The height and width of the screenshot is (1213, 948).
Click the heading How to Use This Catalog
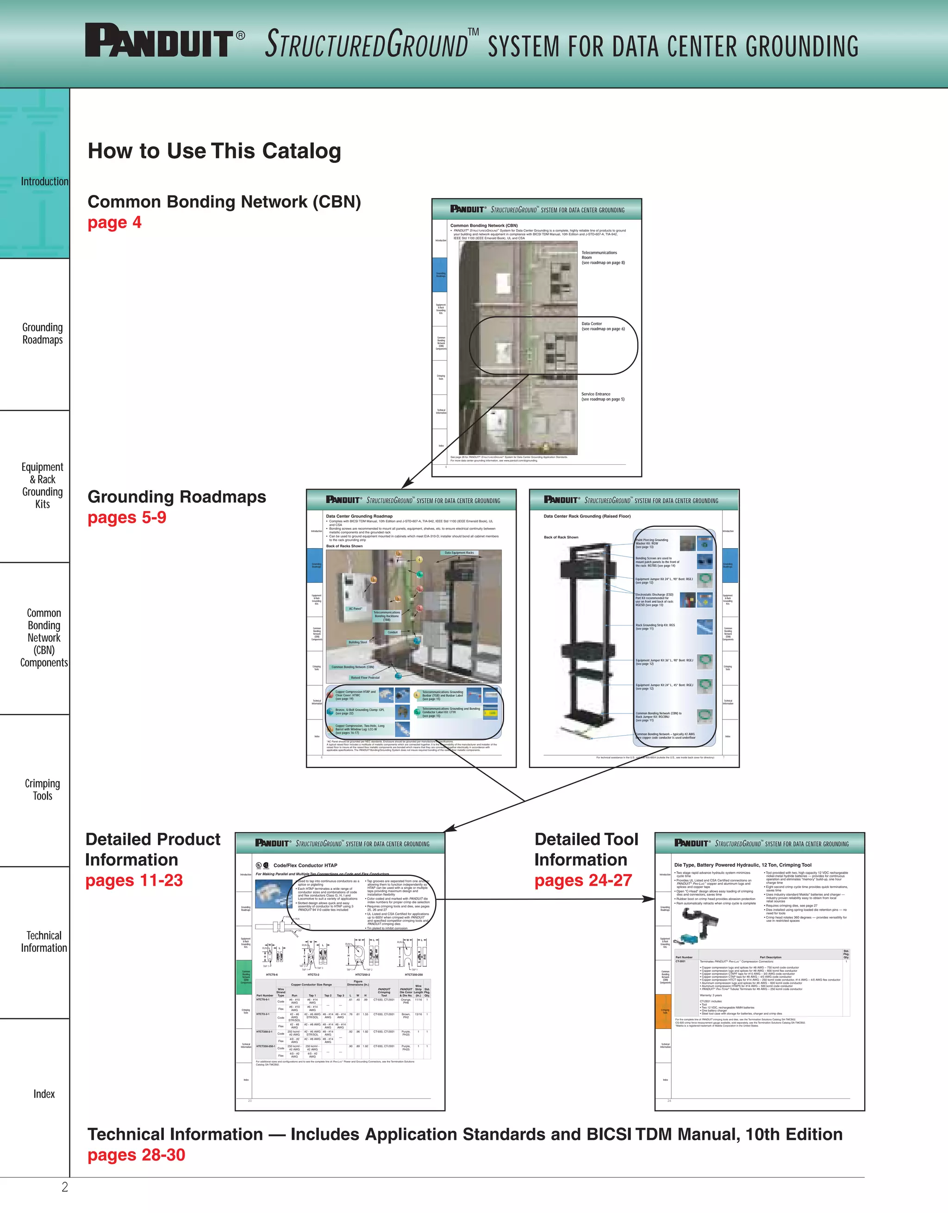click(x=214, y=151)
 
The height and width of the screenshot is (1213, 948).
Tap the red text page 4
click(x=114, y=223)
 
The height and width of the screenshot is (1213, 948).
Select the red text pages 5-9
click(x=127, y=518)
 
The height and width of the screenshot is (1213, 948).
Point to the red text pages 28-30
click(x=136, y=1155)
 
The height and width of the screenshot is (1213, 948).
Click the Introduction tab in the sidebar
click(x=44, y=181)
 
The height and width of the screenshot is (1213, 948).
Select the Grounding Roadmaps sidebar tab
click(x=42, y=333)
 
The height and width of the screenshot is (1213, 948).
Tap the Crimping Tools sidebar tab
click(x=42, y=789)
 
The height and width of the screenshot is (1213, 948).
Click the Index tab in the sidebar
click(x=44, y=1094)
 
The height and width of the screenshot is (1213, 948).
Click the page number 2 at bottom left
click(x=64, y=1187)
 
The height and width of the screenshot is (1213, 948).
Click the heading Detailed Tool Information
click(x=586, y=849)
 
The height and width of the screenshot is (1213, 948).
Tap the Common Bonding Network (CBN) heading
click(x=224, y=201)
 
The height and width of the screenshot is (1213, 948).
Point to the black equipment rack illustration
click(x=587, y=639)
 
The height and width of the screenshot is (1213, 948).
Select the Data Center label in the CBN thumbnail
click(x=592, y=323)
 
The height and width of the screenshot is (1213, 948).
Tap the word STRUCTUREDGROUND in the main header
click(x=367, y=44)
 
